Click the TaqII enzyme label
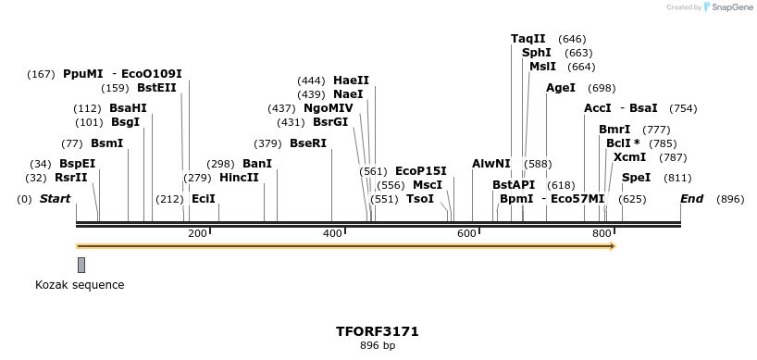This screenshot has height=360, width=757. (x=528, y=39)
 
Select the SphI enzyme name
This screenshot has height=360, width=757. (x=537, y=53)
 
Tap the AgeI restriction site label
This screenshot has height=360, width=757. (x=561, y=88)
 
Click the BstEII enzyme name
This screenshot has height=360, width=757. (x=156, y=88)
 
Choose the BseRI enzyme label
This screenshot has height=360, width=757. (x=308, y=143)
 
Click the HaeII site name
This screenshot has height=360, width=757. (x=351, y=81)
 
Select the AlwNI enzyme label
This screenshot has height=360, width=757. (x=490, y=164)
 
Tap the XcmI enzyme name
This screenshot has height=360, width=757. (x=629, y=157)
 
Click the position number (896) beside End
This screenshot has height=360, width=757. (x=730, y=199)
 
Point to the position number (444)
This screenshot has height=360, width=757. (x=310, y=81)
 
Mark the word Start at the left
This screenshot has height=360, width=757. (x=55, y=199)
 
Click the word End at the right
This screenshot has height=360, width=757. (x=691, y=199)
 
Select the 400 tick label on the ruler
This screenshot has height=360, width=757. (x=332, y=233)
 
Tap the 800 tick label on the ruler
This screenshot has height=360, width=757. (x=601, y=233)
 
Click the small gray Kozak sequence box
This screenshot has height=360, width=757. (x=81, y=265)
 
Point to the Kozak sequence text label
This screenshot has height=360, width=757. (x=80, y=285)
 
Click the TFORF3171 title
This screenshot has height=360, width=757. (x=378, y=330)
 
